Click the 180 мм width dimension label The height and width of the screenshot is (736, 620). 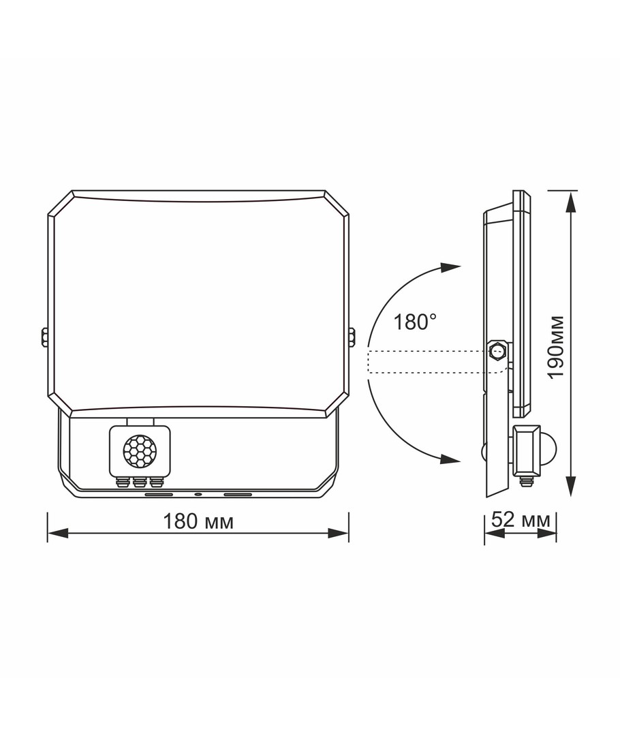tap(198, 521)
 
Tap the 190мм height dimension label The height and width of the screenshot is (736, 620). tap(557, 347)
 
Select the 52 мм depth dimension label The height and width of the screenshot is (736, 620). tap(521, 519)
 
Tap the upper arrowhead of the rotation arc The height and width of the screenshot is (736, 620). tap(450, 266)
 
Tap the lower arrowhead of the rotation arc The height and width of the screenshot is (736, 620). tap(450, 459)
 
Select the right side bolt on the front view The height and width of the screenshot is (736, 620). tap(352, 338)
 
